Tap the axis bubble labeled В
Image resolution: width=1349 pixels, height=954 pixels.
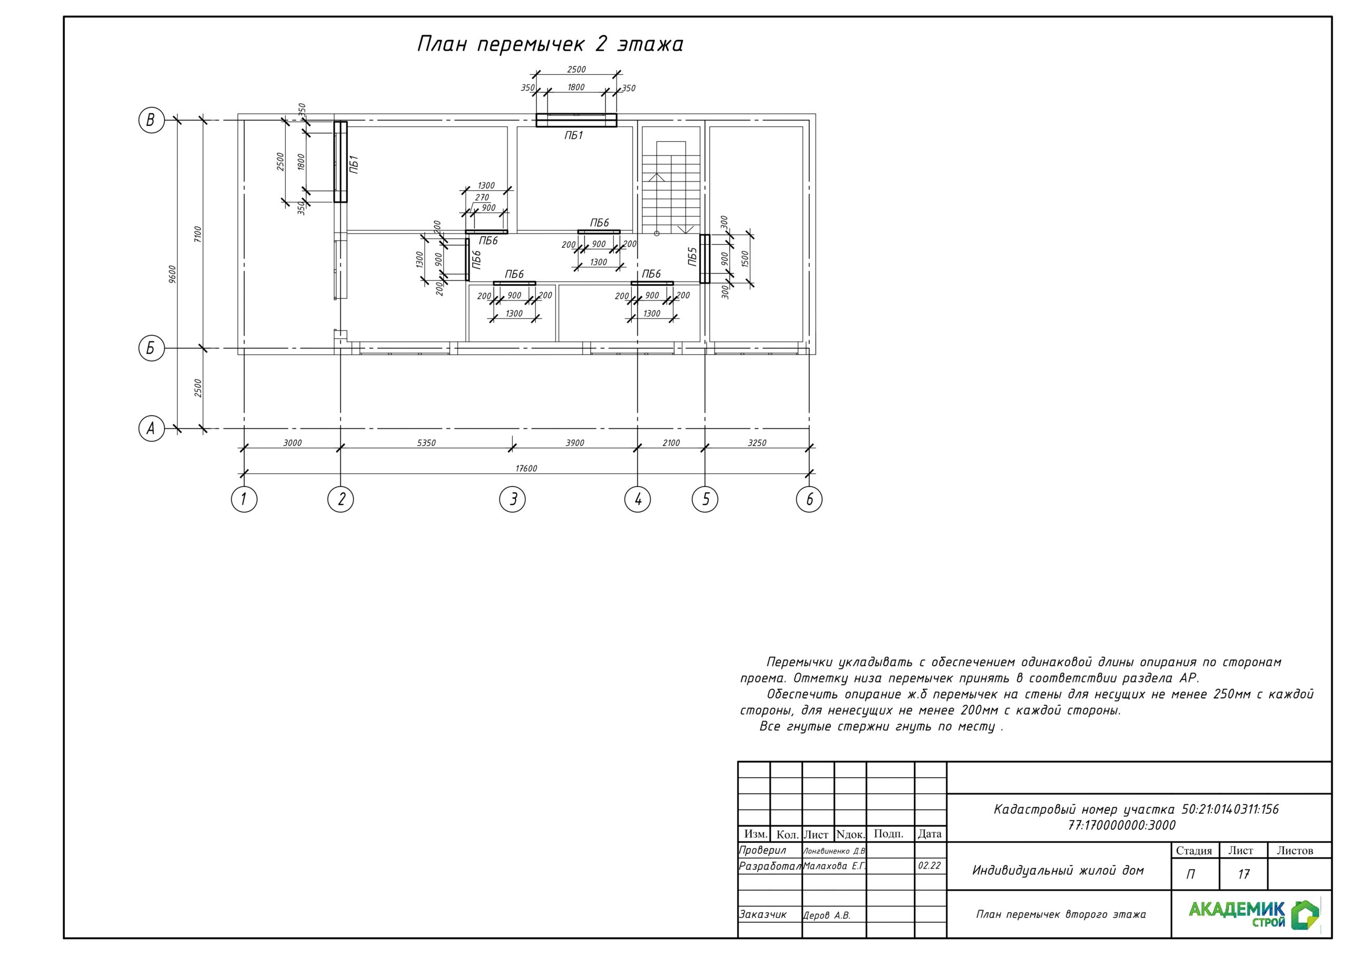(x=151, y=120)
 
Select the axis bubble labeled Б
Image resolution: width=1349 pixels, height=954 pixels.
(x=151, y=348)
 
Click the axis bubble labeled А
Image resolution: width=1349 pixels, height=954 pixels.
(x=151, y=429)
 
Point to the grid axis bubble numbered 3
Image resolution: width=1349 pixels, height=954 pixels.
(x=512, y=499)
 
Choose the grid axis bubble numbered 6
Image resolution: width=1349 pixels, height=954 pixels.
(x=809, y=499)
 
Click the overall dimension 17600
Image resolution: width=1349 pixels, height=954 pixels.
(x=526, y=469)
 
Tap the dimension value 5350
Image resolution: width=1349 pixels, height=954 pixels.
(x=426, y=443)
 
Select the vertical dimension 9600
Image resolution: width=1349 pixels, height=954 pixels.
(x=172, y=275)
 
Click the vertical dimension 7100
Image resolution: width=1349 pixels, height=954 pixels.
(x=198, y=235)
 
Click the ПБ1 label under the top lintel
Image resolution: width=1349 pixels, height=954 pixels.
(x=573, y=136)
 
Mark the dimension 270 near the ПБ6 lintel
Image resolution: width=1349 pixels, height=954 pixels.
(x=482, y=198)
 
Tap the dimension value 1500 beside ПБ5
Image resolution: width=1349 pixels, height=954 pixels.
(x=745, y=259)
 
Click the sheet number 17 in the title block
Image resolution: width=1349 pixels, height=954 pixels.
(x=1243, y=874)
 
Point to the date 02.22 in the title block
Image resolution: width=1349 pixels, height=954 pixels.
(x=930, y=866)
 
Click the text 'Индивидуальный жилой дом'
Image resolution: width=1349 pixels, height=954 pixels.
(x=1058, y=871)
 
